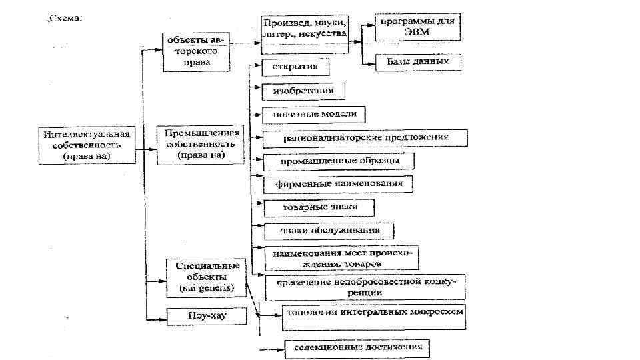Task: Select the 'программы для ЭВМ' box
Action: coord(417,28)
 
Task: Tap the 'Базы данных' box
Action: coord(418,61)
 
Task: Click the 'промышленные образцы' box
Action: coord(339,161)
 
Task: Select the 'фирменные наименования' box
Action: coord(338,184)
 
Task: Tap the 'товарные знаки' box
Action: coord(319,207)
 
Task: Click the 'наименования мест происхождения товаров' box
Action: coord(346,259)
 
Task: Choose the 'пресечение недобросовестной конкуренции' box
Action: coord(365,287)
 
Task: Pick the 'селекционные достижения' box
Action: coord(357,347)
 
